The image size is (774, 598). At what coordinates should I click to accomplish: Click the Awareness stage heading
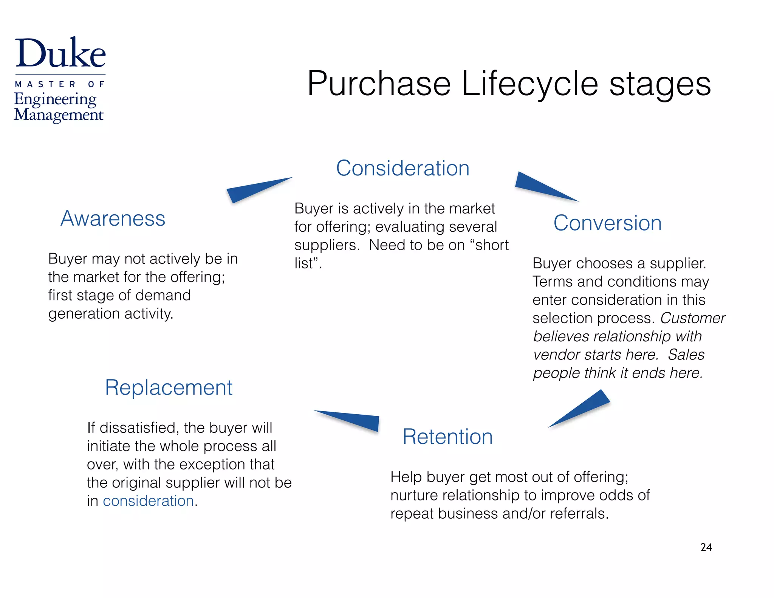(113, 218)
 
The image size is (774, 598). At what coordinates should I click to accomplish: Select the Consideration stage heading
(402, 168)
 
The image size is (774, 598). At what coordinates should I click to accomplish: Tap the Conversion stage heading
(607, 223)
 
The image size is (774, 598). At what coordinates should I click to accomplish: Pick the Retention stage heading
(447, 437)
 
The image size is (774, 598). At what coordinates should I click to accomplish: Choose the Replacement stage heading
(169, 388)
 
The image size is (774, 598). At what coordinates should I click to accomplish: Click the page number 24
(706, 547)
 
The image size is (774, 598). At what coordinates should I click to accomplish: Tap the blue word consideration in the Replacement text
(148, 501)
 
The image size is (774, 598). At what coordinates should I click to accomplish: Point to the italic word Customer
(692, 318)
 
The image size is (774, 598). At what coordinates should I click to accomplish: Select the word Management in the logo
(59, 115)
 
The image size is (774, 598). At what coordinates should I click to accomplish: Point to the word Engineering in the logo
(55, 99)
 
